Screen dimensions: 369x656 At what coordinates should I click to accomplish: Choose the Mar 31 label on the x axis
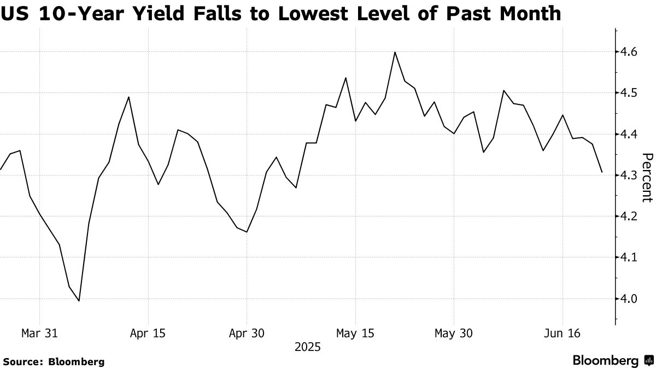pos(39,333)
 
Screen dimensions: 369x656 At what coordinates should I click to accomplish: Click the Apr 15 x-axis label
pos(148,333)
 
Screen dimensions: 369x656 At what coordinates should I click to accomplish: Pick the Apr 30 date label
pos(247,333)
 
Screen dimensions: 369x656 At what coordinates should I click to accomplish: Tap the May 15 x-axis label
pos(355,333)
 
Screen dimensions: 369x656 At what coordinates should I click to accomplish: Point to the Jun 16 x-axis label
pos(563,333)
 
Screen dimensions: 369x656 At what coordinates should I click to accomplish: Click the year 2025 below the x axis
pos(307,347)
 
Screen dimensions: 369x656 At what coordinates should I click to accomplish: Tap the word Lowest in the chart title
pos(318,14)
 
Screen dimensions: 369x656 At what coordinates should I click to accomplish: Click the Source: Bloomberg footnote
pos(54,361)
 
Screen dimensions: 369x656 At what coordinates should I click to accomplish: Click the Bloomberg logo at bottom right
pos(612,361)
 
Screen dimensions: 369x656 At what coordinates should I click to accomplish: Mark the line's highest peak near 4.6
pos(395,52)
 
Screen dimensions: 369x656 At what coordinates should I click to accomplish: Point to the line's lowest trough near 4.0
pos(79,301)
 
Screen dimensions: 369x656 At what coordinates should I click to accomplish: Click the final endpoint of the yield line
pos(602,172)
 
